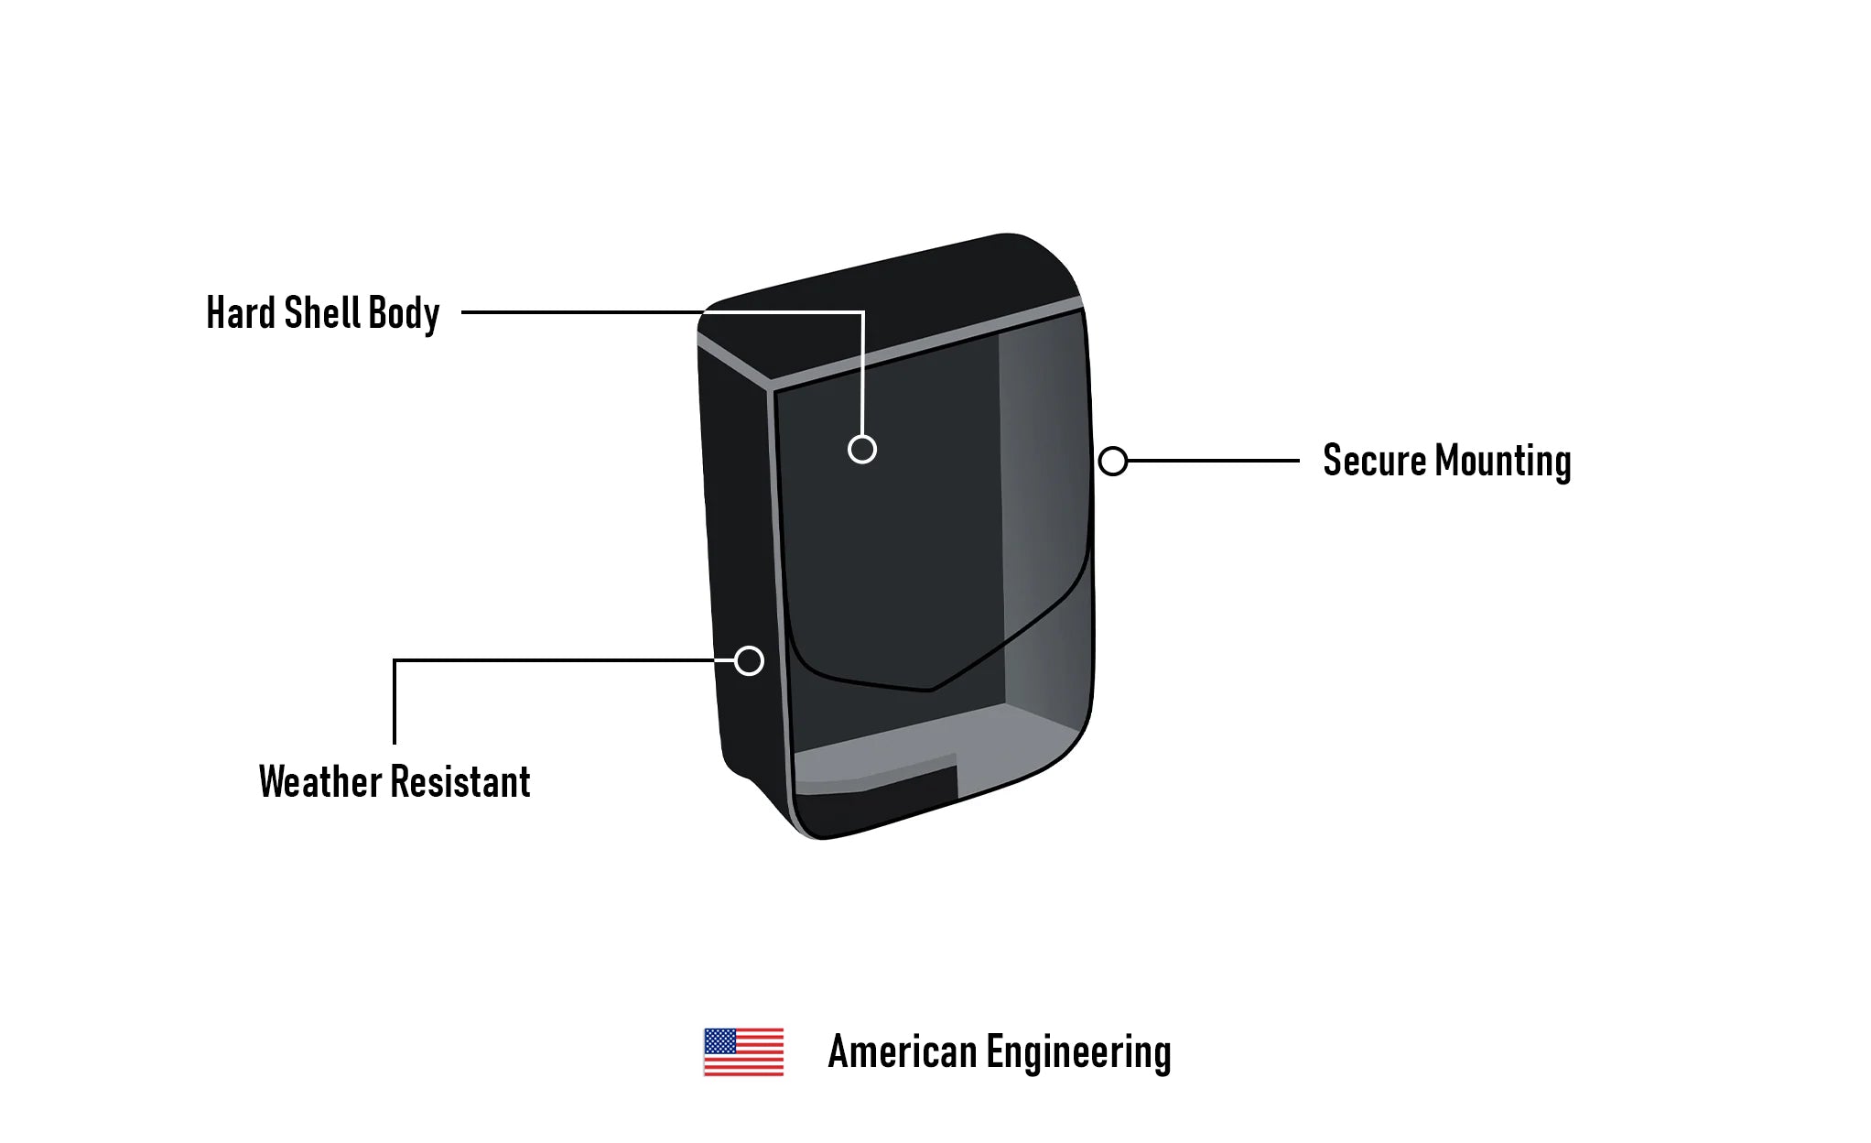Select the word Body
pyautogui.click(x=404, y=314)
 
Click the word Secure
pyautogui.click(x=1374, y=461)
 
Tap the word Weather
pyautogui.click(x=320, y=782)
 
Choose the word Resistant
pyautogui.click(x=461, y=782)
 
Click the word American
pyautogui.click(x=902, y=1052)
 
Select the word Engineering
pyautogui.click(x=1078, y=1053)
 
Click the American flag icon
pyautogui.click(x=743, y=1052)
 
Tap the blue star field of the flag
pyautogui.click(x=719, y=1041)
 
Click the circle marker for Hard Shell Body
pyautogui.click(x=862, y=450)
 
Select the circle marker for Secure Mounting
pyautogui.click(x=1113, y=462)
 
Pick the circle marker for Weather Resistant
pyautogui.click(x=749, y=660)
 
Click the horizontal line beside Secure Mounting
pyautogui.click(x=1213, y=461)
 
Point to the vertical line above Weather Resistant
pyautogui.click(x=395, y=702)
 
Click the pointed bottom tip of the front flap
pyautogui.click(x=929, y=689)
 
